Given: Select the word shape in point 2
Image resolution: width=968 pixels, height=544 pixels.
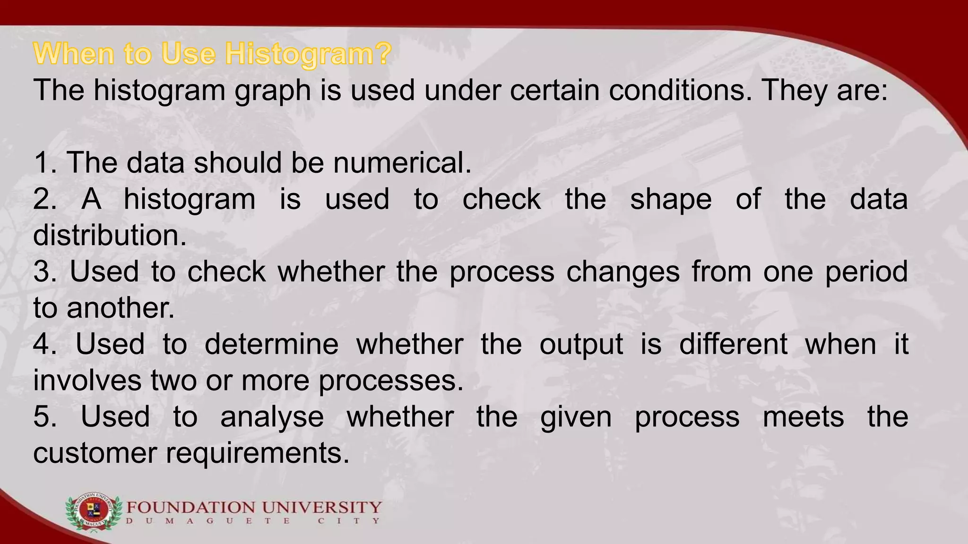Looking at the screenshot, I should (671, 199).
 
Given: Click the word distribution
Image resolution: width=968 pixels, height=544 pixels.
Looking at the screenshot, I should (110, 235).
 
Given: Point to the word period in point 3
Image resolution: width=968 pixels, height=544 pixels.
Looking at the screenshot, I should (866, 272).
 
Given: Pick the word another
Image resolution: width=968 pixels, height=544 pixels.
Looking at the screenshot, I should (121, 308).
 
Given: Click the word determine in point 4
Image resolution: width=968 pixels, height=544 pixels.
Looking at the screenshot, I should (271, 344).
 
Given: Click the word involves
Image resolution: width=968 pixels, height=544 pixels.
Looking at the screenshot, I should (86, 380).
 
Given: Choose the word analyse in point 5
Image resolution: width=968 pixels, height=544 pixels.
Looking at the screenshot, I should (272, 416).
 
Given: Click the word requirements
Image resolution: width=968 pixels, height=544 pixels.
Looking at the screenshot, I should (258, 453).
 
